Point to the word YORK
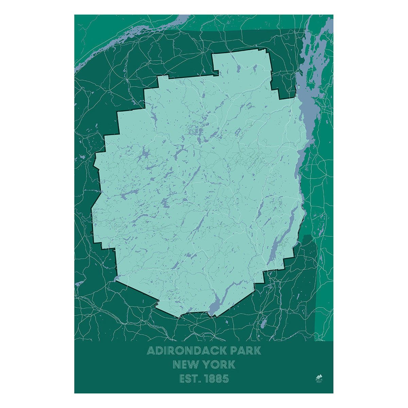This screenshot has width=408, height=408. [219, 365]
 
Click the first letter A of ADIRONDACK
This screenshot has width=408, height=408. [151, 351]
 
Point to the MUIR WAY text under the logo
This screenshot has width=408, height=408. [319, 381]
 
